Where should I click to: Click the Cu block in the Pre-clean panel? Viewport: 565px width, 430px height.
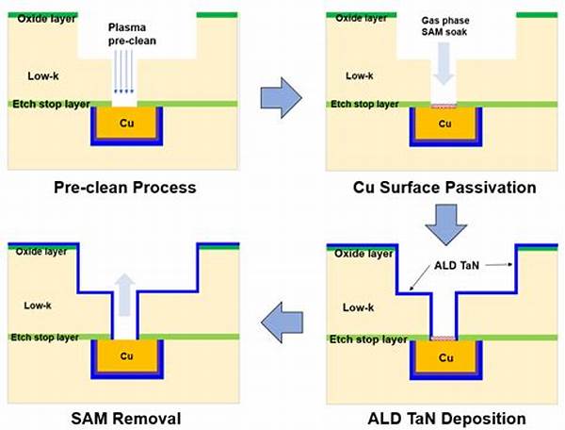click(x=126, y=124)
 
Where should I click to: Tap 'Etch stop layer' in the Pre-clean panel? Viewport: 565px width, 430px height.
click(x=47, y=104)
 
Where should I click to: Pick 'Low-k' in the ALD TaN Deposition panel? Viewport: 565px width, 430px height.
click(x=358, y=307)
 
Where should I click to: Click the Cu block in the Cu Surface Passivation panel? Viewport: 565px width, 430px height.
click(x=444, y=124)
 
